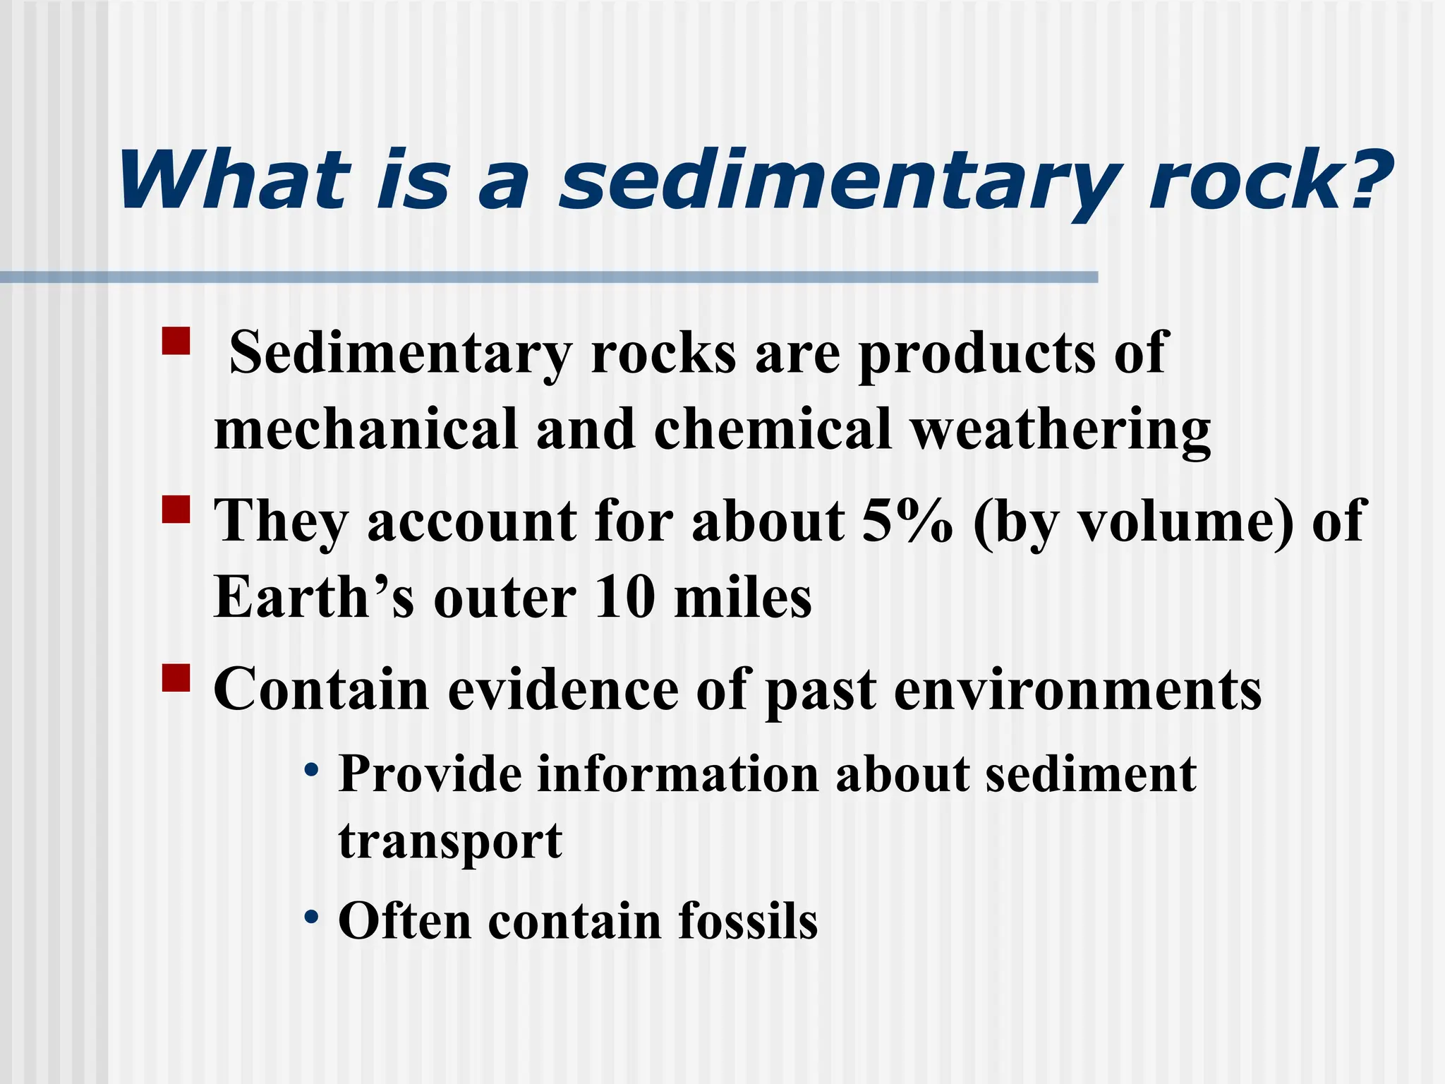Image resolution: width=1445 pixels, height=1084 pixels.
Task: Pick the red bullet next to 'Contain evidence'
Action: (176, 677)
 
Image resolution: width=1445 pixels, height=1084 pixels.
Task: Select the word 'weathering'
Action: (1060, 430)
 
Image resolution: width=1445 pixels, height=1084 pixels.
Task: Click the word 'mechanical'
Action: (365, 430)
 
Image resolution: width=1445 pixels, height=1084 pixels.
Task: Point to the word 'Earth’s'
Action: (314, 598)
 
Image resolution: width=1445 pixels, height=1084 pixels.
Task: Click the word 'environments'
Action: (1078, 689)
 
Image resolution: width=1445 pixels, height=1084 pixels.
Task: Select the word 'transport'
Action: (450, 842)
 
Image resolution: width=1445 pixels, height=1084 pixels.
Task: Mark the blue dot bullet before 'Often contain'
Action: (311, 917)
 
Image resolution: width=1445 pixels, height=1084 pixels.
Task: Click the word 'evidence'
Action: (562, 689)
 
